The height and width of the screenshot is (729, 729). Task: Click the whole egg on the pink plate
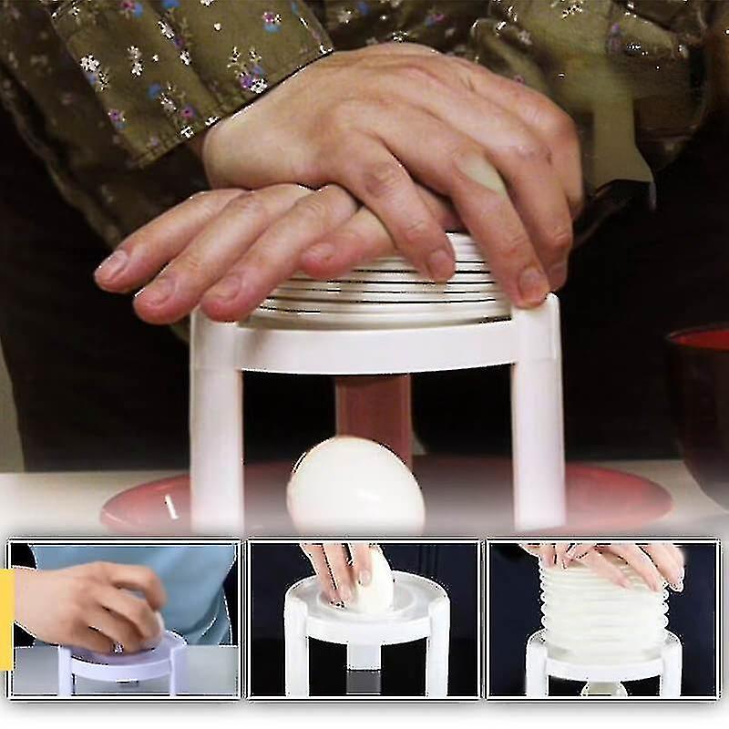point(355,485)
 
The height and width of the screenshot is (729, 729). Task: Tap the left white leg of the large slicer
point(216,428)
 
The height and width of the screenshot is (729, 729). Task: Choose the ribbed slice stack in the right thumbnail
point(601,606)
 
